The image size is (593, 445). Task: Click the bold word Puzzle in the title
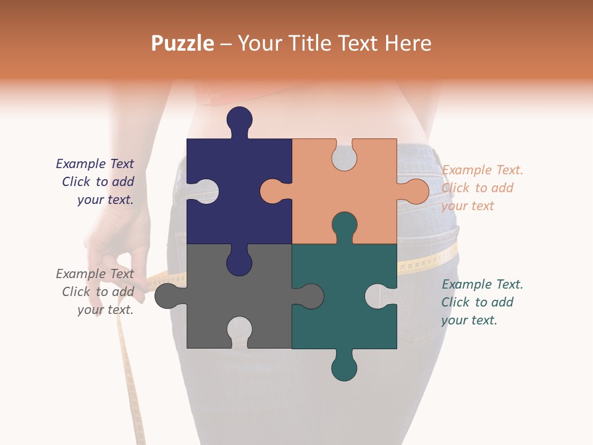tap(183, 44)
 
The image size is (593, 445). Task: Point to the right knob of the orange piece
tap(415, 192)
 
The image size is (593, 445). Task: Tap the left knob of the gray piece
tap(166, 296)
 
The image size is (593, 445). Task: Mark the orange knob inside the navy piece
tap(272, 192)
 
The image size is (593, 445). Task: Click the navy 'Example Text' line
tap(95, 164)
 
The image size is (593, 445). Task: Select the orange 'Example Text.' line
tap(482, 170)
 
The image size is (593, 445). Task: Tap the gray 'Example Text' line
tap(95, 274)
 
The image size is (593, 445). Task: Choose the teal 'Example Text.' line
tap(482, 284)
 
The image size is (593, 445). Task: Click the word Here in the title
tap(407, 43)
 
